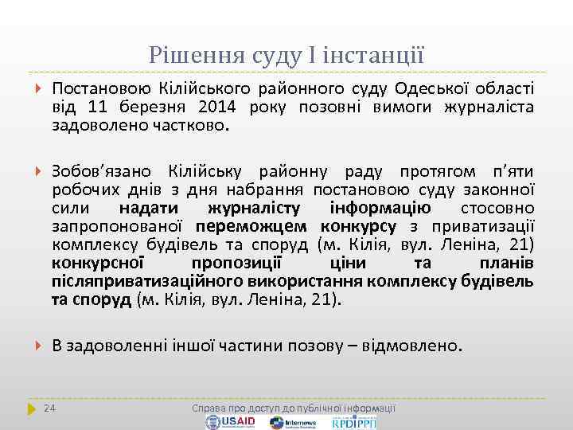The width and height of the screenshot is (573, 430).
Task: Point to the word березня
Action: pos(152,107)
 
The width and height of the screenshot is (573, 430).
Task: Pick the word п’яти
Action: pos(509,172)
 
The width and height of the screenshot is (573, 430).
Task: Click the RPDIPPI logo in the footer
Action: pos(354,422)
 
